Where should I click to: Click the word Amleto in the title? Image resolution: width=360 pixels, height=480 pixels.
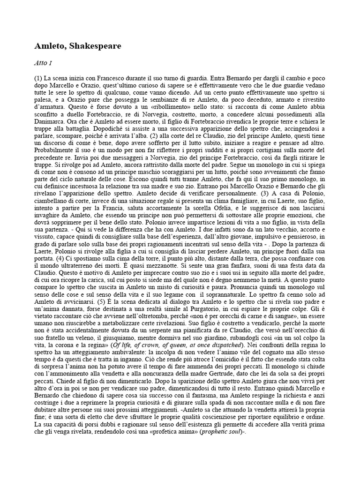51,46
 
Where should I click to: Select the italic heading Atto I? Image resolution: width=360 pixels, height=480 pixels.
43,62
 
